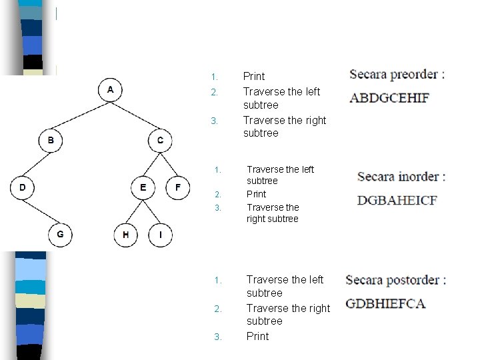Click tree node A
point(111,89)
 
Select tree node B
point(51,141)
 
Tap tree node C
point(160,141)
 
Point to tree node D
point(23,188)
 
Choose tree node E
point(143,188)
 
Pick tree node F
point(177,188)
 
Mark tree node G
point(60,235)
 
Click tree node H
point(125,235)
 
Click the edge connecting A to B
point(81,115)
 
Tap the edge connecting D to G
point(41,211)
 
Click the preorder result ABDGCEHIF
point(389,98)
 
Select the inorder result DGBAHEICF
point(397,200)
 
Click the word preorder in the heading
point(413,74)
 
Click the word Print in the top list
point(254,76)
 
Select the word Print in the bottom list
point(257,336)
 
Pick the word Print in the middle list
point(256,194)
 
